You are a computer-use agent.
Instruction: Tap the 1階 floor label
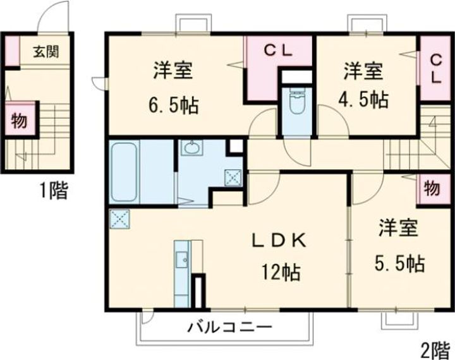52,190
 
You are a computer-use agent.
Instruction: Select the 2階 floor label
434,347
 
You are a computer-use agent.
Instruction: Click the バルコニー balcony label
229,327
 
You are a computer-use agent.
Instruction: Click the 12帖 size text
281,272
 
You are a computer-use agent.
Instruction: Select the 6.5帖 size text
173,104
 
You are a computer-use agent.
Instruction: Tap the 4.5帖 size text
366,99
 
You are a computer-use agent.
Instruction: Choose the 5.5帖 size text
401,262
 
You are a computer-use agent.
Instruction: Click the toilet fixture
296,101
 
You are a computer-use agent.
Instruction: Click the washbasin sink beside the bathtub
191,149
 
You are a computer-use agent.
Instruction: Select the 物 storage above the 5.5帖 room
432,188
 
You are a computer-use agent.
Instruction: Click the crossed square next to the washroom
234,177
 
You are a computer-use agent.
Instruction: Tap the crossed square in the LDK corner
119,219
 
